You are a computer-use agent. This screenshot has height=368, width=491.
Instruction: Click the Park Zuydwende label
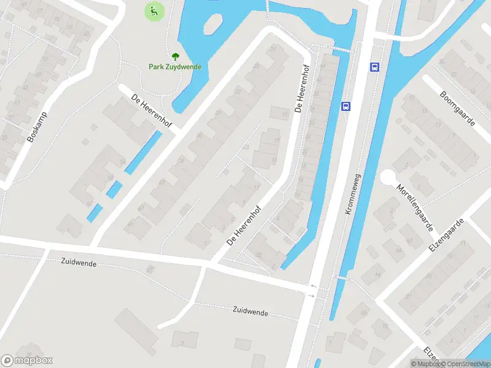point(175,67)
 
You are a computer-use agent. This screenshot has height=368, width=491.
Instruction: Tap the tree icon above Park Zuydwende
point(175,56)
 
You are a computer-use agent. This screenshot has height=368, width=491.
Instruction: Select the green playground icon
point(153,10)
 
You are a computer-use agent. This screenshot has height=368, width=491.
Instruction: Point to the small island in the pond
point(212,25)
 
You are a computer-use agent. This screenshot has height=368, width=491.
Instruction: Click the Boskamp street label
point(37,127)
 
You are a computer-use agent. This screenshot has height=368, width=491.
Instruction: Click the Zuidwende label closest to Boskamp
point(79,261)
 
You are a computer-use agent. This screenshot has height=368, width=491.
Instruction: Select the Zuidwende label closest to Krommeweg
point(250,312)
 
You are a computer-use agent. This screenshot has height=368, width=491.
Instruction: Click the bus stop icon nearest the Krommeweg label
point(346,106)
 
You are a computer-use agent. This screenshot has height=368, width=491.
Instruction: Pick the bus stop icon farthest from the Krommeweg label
point(374,67)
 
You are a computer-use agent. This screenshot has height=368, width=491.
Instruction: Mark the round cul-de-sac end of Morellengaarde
point(388,178)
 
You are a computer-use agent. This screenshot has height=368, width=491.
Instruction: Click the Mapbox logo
point(26,361)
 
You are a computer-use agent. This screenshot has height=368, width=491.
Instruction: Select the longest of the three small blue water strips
point(144,152)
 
